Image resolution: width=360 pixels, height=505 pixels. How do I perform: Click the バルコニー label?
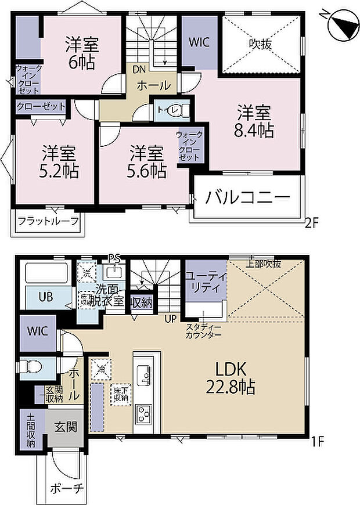(247, 197)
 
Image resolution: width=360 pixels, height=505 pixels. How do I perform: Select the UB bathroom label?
(46, 297)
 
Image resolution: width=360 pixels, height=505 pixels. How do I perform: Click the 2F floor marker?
(312, 221)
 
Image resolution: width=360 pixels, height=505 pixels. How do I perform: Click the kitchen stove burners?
(143, 414)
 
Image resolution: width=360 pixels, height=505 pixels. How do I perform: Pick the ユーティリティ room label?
(206, 284)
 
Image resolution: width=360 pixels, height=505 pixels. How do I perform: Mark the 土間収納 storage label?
(30, 430)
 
